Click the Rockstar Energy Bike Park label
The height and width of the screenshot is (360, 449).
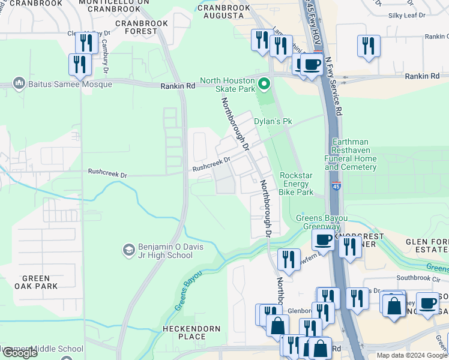coord(297,184)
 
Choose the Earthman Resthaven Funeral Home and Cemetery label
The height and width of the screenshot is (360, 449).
coord(354,154)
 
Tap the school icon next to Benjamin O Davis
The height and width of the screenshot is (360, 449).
coord(128,249)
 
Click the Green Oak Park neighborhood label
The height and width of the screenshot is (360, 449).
coord(40,282)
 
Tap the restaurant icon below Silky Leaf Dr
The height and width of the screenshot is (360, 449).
coord(369,46)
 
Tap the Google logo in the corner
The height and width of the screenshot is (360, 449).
coord(20,353)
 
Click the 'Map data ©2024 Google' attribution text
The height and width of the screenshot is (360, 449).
coord(412,355)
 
